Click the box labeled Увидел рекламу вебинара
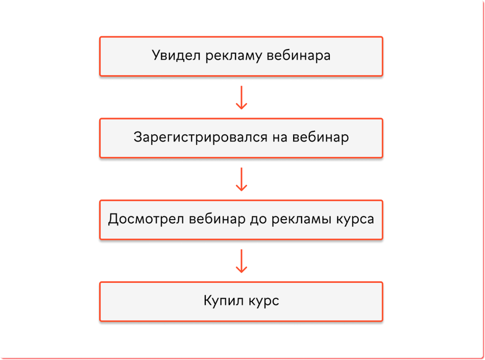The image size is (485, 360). [x=241, y=56]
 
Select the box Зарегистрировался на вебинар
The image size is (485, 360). [x=241, y=138]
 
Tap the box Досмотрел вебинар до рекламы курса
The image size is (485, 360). [x=241, y=220]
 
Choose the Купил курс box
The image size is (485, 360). [x=241, y=302]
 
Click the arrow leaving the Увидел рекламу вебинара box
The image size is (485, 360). [x=241, y=98]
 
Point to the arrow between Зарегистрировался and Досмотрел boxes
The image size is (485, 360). [x=241, y=179]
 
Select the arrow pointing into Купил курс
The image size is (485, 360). [x=241, y=261]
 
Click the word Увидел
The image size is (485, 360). [x=176, y=56]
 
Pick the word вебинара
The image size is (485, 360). [x=299, y=56]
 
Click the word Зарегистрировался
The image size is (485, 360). [x=201, y=138]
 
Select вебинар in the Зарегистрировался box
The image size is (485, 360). [x=321, y=137]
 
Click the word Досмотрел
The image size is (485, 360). [x=145, y=219]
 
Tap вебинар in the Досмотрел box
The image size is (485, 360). [x=217, y=219]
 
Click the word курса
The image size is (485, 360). [x=355, y=220]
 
